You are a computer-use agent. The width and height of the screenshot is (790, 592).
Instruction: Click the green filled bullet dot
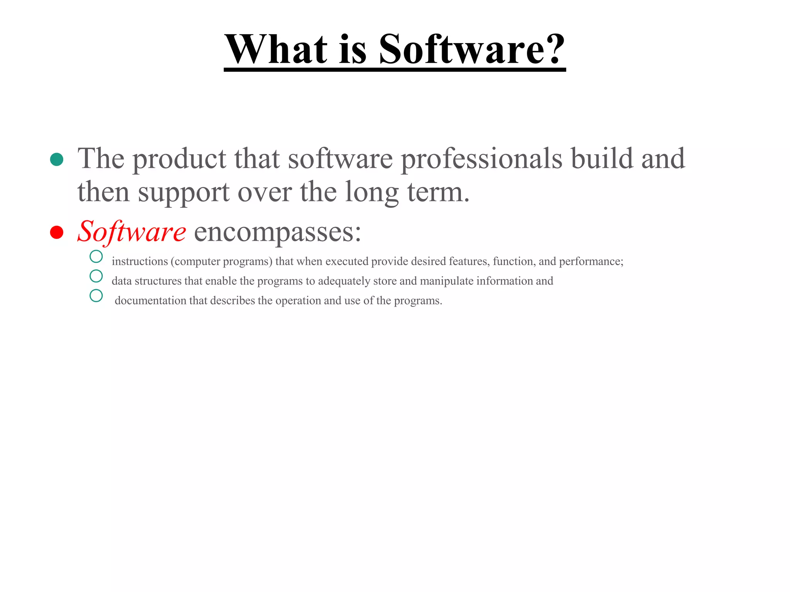pyautogui.click(x=57, y=159)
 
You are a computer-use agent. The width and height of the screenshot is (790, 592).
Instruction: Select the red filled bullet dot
pyautogui.click(x=57, y=232)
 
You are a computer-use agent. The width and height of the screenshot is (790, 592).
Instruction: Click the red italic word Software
pyautogui.click(x=132, y=232)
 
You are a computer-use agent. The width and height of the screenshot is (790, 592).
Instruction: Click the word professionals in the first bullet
pyautogui.click(x=481, y=159)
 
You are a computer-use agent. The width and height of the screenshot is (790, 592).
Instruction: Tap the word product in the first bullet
pyautogui.click(x=179, y=159)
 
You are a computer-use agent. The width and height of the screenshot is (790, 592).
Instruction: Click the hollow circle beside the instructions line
pyautogui.click(x=96, y=256)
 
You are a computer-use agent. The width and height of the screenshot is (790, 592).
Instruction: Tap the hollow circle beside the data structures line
pyautogui.click(x=96, y=276)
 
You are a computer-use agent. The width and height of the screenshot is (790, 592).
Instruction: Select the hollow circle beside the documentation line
pyautogui.click(x=96, y=296)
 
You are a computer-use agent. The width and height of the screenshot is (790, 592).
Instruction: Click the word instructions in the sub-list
pyautogui.click(x=140, y=261)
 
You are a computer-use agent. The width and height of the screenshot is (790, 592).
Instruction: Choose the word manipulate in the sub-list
pyautogui.click(x=447, y=281)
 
